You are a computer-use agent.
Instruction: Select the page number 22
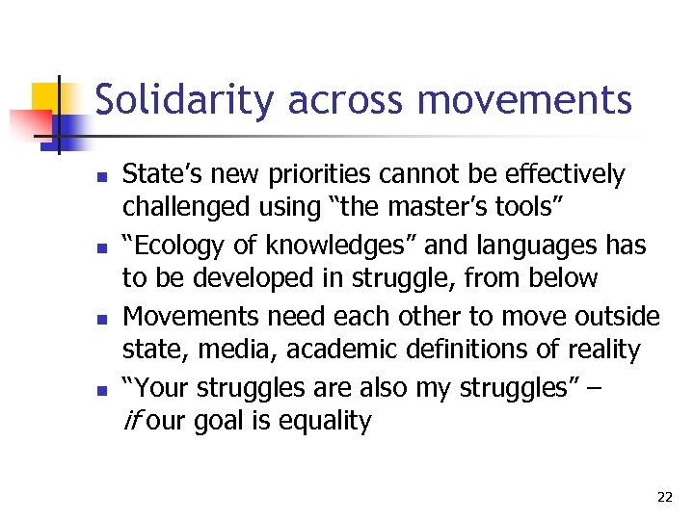(x=664, y=497)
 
